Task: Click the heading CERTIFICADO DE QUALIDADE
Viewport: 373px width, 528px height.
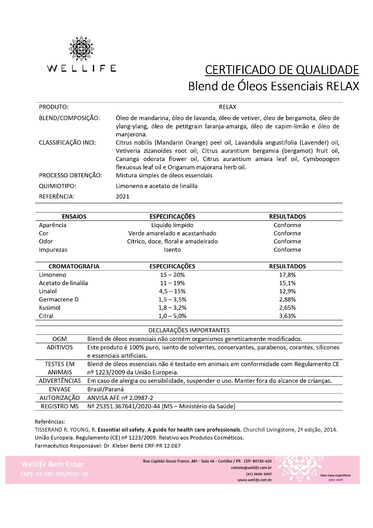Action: [282, 70]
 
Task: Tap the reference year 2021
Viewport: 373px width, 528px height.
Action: [122, 197]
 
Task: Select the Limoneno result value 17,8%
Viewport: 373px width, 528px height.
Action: [287, 275]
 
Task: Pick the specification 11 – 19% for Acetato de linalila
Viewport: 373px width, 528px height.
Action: [172, 283]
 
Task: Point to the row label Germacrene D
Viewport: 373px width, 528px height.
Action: [59, 299]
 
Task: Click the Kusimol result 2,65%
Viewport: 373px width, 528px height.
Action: [287, 308]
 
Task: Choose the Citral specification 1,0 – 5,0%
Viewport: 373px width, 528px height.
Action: [172, 315]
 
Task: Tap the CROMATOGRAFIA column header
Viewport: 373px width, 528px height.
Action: [74, 266]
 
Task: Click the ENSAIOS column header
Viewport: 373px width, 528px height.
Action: [74, 216]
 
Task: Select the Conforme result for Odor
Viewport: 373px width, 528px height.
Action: [287, 242]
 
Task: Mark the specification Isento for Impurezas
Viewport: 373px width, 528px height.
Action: [172, 249]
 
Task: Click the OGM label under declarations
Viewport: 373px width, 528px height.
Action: [59, 339]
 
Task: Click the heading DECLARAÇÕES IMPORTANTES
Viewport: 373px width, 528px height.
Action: [189, 330]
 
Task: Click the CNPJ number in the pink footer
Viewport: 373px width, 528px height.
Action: [54, 474]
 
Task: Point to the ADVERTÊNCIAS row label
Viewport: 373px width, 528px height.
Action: [60, 381]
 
